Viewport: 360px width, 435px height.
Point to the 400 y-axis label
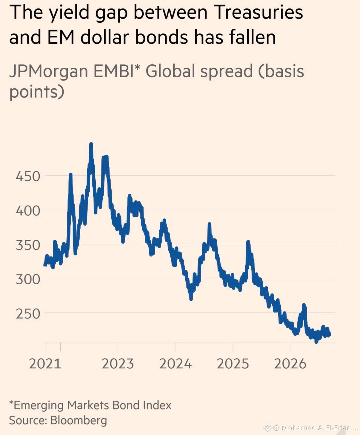pos(28,211)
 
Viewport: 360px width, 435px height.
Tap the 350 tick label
pos(28,245)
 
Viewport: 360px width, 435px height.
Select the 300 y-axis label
pos(28,279)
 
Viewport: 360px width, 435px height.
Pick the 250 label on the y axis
pos(28,314)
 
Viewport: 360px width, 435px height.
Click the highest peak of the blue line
pos(91,144)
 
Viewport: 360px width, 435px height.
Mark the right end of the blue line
pos(329,335)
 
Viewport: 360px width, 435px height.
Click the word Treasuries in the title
pos(258,12)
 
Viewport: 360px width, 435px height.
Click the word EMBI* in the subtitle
pos(117,71)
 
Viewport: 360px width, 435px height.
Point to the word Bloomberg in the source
pos(79,420)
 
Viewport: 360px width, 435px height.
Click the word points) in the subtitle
pos(37,92)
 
